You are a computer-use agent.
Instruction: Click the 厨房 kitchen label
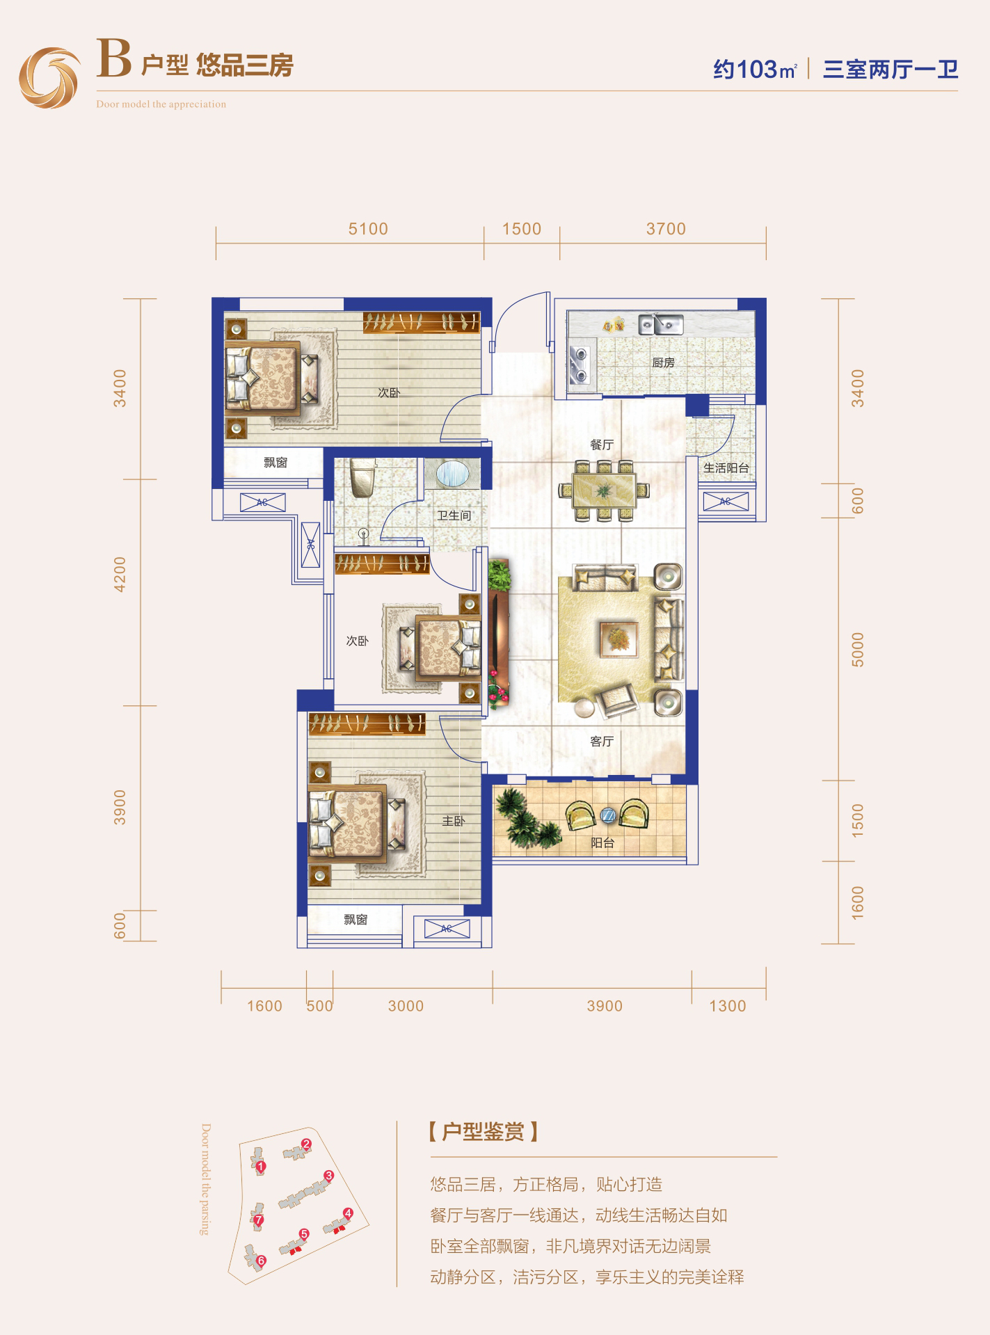[x=663, y=362]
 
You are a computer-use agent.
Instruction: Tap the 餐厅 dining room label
[x=602, y=445]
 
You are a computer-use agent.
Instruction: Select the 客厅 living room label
[x=602, y=742]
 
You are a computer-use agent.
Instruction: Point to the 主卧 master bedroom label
[x=453, y=822]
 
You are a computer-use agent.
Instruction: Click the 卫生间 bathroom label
[x=454, y=515]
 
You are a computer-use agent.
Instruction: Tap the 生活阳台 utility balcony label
[x=726, y=468]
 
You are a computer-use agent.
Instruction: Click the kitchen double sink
[x=662, y=324]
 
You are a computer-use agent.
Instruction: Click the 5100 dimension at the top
[x=368, y=229]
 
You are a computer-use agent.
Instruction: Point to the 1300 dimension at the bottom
[x=728, y=1006]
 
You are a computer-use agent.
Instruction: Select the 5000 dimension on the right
[x=858, y=650]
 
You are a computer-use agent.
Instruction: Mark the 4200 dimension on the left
[x=120, y=574]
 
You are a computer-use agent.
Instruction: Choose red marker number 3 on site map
[x=329, y=1176]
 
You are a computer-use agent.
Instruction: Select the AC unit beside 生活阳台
[x=726, y=502]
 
